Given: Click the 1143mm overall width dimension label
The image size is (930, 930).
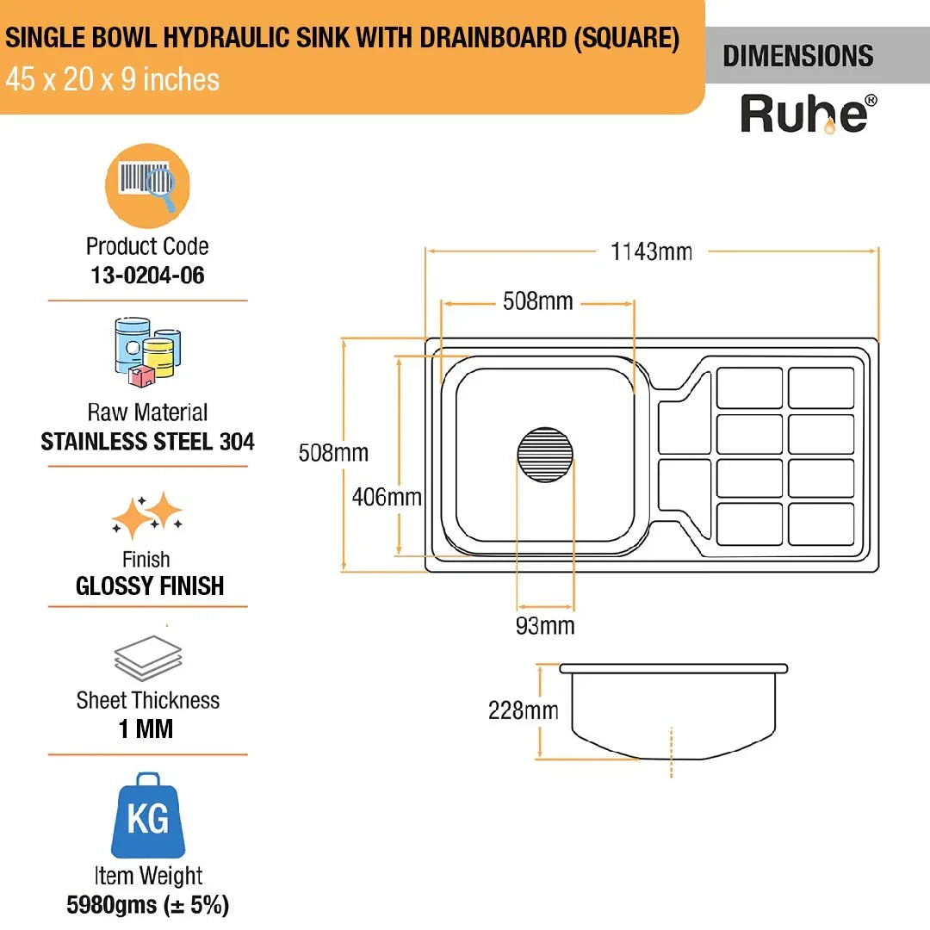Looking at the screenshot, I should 651,251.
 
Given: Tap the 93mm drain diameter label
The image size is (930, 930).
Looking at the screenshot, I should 544,626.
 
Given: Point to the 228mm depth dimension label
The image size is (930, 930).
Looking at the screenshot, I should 523,710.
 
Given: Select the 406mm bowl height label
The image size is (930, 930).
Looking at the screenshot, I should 387,497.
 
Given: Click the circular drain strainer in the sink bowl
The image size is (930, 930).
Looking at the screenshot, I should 546,454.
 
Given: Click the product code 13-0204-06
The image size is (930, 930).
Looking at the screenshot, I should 147,276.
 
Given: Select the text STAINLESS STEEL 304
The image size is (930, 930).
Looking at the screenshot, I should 147,442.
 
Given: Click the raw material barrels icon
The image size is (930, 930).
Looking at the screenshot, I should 147,352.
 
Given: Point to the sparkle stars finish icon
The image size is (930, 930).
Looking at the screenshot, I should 147,516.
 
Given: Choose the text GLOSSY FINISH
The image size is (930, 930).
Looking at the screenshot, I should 150,586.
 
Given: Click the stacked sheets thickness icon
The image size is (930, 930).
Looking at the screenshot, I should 147,660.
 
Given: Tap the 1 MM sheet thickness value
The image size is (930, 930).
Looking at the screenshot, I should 146,729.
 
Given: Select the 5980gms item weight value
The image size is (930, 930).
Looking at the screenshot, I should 147,905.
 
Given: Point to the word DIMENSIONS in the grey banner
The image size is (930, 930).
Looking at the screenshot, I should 797,57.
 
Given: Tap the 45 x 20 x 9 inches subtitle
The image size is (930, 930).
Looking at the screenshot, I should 112,80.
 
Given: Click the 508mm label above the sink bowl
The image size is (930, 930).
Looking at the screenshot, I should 537,301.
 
